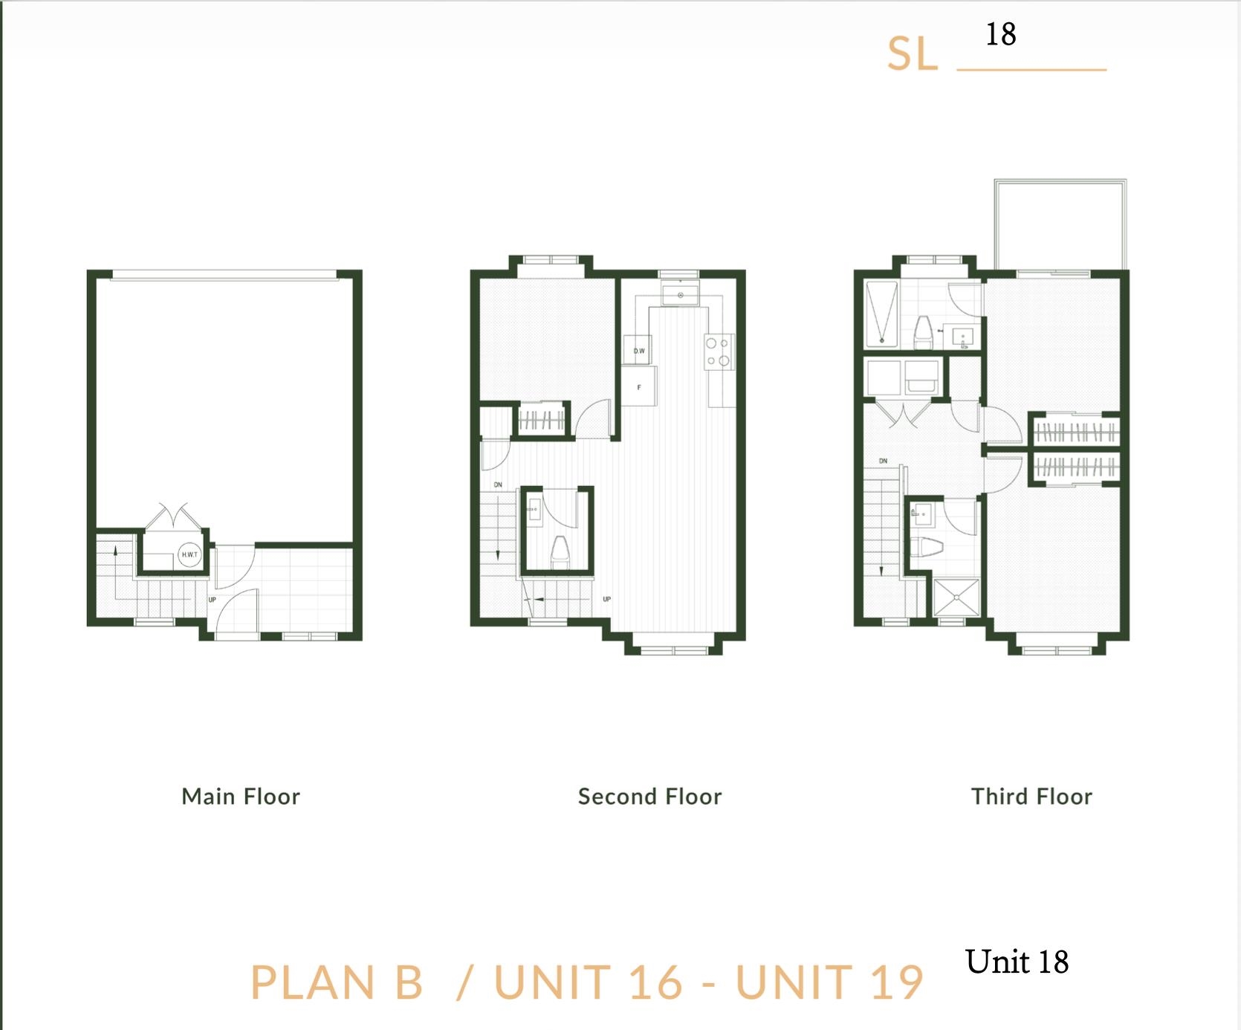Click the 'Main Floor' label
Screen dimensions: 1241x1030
(241, 797)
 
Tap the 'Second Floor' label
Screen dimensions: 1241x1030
(650, 797)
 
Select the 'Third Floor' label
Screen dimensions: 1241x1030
(1031, 797)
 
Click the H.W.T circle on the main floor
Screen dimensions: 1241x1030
(190, 554)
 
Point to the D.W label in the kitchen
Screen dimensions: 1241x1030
(639, 351)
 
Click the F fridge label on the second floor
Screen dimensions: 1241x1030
(639, 387)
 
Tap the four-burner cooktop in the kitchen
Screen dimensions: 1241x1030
(717, 352)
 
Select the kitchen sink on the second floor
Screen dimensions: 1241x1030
(680, 295)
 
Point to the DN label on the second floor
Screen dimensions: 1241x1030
(498, 485)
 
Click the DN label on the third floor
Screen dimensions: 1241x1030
(883, 461)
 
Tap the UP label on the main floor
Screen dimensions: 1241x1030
(212, 600)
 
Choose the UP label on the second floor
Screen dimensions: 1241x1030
(606, 599)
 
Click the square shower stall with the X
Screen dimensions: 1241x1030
(956, 597)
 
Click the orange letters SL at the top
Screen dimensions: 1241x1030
(913, 54)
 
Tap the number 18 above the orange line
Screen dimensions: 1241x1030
(1001, 34)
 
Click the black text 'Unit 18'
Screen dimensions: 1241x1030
(1017, 962)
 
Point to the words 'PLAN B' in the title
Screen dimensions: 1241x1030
(337, 982)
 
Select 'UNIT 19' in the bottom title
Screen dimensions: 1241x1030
(829, 982)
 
